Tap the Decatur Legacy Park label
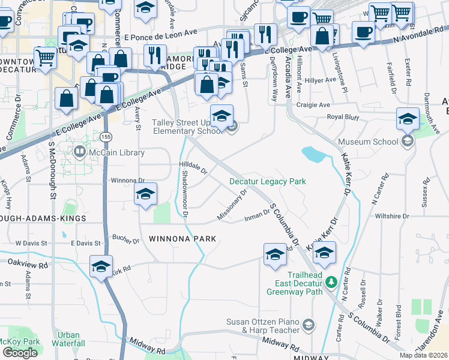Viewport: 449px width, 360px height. [x=268, y=181]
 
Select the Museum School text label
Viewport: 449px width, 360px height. [x=368, y=142]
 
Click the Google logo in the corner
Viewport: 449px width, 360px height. [x=20, y=352]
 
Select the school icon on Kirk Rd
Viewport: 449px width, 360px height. [x=101, y=265]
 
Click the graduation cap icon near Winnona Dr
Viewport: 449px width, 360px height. [x=145, y=194]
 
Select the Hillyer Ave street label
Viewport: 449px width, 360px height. [x=321, y=80]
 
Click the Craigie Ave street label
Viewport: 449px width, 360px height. [x=310, y=104]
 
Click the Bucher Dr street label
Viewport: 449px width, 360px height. [x=125, y=239]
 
